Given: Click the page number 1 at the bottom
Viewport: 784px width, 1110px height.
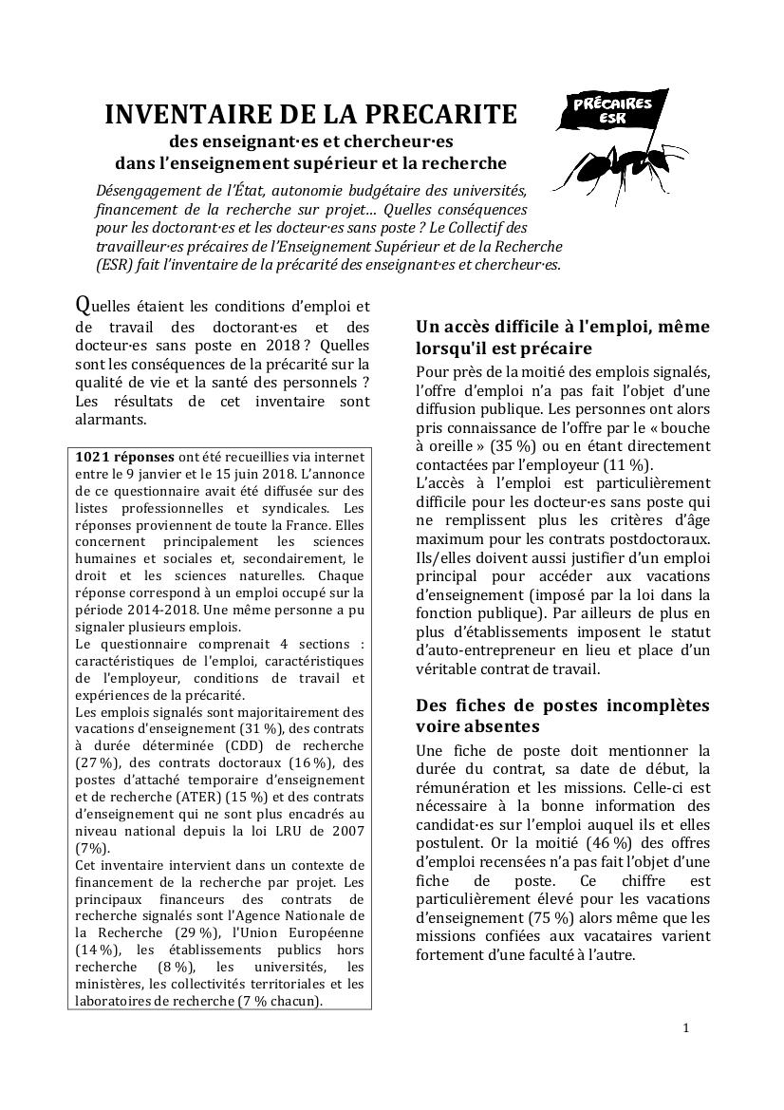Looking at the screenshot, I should point(685,1028).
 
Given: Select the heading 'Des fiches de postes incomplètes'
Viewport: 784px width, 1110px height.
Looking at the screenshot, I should point(562,706).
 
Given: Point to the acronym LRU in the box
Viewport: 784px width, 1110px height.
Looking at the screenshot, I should point(275,830).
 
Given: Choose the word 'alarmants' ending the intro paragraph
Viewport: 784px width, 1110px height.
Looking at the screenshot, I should point(111,419).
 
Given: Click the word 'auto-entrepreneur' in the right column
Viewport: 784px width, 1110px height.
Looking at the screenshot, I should point(483,650).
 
